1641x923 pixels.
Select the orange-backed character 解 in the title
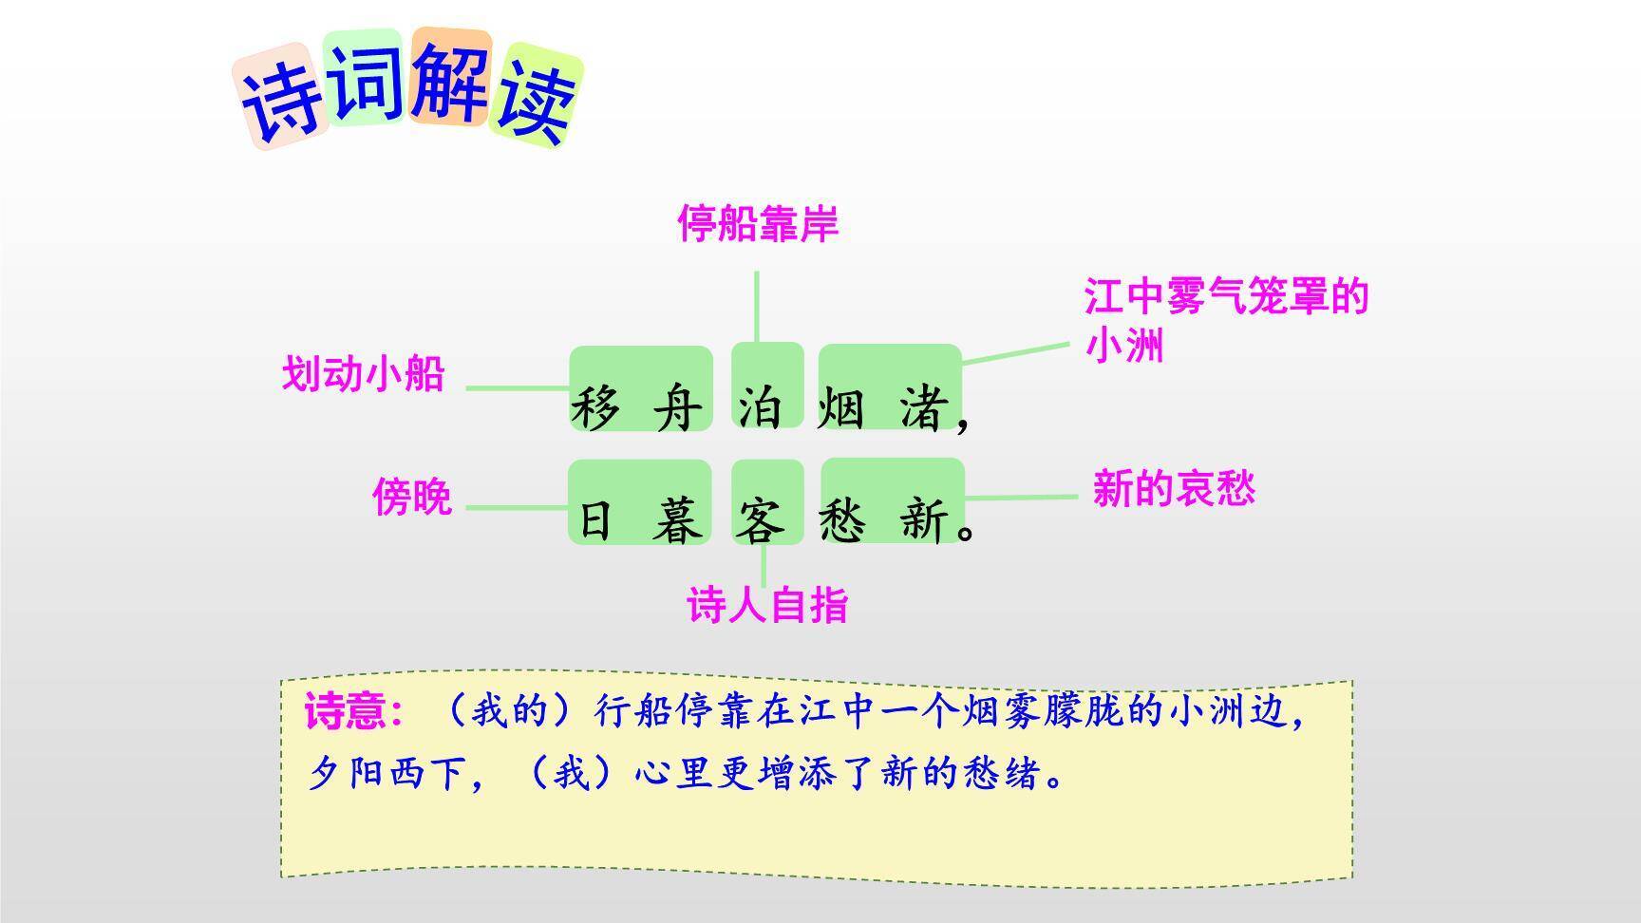450,80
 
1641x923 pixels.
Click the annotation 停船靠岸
758,224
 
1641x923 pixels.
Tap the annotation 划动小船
363,374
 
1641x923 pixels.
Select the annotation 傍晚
411,497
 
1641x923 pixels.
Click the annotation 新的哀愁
1174,489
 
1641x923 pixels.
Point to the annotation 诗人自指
766,605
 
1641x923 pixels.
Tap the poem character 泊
760,409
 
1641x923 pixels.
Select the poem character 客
760,521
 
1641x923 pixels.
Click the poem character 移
595,409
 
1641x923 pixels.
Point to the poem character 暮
677,521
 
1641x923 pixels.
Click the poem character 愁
842,521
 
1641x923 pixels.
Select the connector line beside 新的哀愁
1021,497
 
